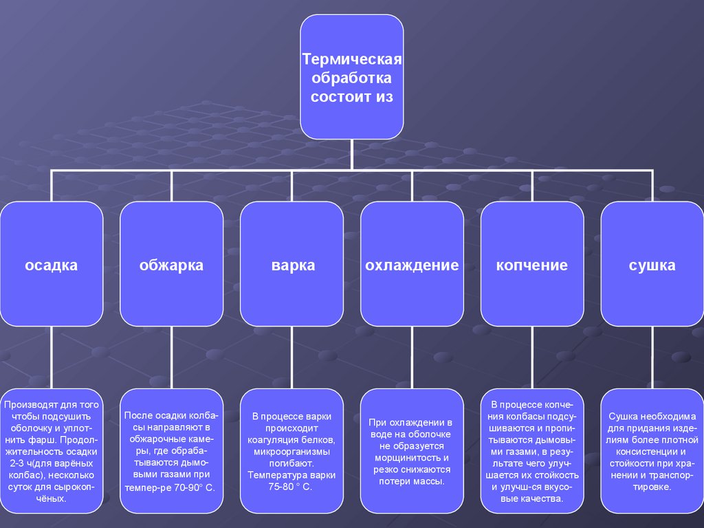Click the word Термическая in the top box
pyautogui.click(x=352, y=60)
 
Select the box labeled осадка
pyautogui.click(x=52, y=265)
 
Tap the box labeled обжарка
pyautogui.click(x=171, y=265)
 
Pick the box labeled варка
pyautogui.click(x=292, y=265)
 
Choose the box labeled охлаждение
pyautogui.click(x=412, y=265)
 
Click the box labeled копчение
pyautogui.click(x=532, y=265)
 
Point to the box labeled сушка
pyautogui.click(x=652, y=265)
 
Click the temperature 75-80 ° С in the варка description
pyautogui.click(x=291, y=487)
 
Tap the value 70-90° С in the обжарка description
pyautogui.click(x=190, y=487)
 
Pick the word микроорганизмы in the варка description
pyautogui.click(x=291, y=452)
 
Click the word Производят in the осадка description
pyautogui.click(x=27, y=404)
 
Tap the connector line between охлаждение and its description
pyautogui.click(x=412, y=357)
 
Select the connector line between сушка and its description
pyautogui.click(x=652, y=357)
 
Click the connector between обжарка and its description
pyautogui.click(x=171, y=357)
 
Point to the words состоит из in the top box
pyautogui.click(x=352, y=97)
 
